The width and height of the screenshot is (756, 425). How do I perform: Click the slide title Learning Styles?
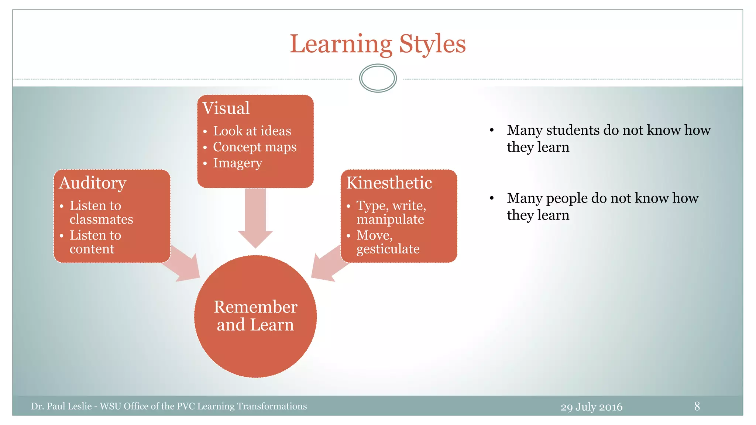pos(378,44)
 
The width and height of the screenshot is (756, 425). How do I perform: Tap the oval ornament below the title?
pos(378,78)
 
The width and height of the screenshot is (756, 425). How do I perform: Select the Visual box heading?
pos(226,108)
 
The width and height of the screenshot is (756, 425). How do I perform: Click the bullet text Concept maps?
pos(255,147)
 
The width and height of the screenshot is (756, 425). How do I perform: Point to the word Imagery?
pos(238,163)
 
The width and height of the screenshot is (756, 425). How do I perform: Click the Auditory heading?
pos(93,183)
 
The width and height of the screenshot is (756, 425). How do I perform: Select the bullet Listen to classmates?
pos(101,212)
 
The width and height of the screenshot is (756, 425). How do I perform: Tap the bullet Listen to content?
pos(95,242)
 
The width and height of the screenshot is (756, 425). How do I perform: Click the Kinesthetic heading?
pos(389,183)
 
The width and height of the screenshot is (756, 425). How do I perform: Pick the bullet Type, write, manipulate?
pos(391,212)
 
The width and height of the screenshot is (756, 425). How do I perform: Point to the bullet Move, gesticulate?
pos(388,242)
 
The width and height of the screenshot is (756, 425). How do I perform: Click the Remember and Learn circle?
pos(255,316)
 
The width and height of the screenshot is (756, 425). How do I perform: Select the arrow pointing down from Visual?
pos(255,218)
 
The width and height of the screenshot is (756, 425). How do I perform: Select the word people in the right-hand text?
pos(567,198)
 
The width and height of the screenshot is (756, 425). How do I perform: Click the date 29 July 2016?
pos(591,407)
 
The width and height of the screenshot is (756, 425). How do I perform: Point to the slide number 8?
pos(697,406)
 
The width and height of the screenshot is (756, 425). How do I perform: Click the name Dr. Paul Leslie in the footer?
pos(61,406)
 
